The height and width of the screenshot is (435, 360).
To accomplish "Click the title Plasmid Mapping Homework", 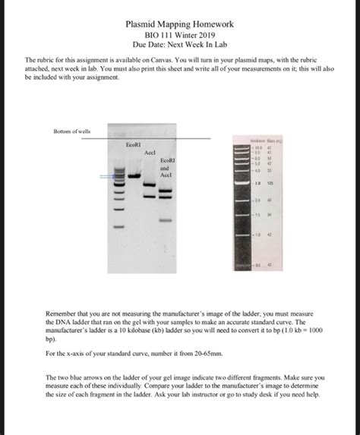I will pyautogui.click(x=179, y=24).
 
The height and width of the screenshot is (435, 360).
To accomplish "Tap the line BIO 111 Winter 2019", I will pyautogui.click(x=179, y=35).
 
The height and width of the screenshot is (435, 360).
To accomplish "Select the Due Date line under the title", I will pyautogui.click(x=179, y=46).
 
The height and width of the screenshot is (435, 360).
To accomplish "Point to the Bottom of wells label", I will pyautogui.click(x=72, y=131).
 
